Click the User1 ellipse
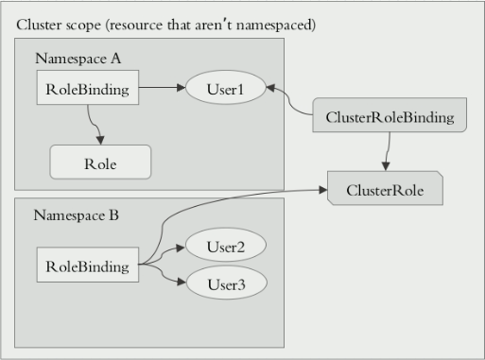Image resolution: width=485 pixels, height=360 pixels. click(226, 89)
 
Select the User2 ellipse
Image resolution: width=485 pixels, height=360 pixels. click(226, 248)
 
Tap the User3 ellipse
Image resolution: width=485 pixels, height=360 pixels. click(226, 283)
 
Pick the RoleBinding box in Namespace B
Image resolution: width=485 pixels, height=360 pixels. click(88, 266)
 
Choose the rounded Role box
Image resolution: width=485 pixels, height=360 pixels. click(100, 163)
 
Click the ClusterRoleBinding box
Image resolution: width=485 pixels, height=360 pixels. click(389, 117)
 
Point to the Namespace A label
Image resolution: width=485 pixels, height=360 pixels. click(78, 58)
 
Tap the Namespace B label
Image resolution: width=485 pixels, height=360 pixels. click(77, 215)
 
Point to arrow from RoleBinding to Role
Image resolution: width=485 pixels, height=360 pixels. click(93, 123)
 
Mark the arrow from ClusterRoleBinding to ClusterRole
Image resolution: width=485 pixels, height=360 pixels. click(387, 151)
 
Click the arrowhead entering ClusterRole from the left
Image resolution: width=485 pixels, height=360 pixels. click(321, 190)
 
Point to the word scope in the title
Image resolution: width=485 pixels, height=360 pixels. click(85, 23)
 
